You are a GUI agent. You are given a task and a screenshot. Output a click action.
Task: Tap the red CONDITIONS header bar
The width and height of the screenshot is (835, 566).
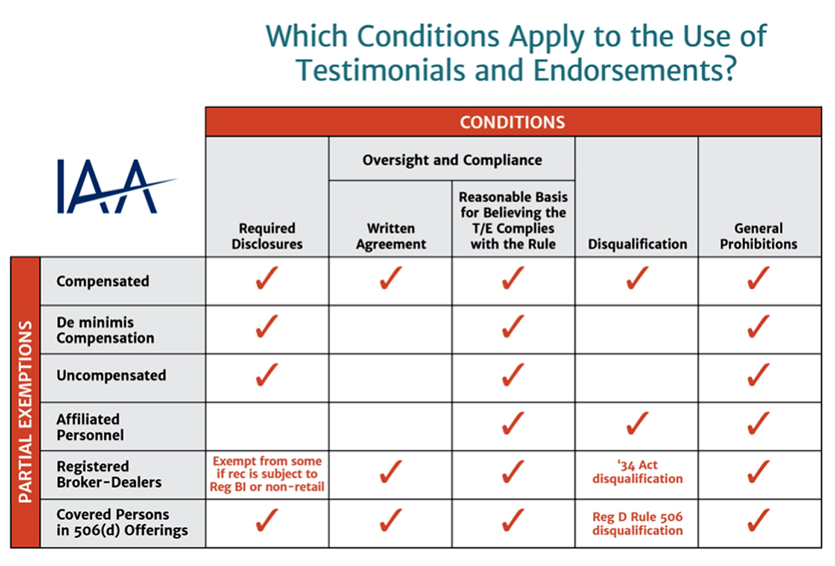tap(513, 122)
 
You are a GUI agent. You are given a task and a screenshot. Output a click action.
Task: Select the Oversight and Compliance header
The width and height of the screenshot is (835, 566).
tap(452, 160)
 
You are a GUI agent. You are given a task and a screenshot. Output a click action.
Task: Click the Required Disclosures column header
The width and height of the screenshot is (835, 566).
tap(267, 236)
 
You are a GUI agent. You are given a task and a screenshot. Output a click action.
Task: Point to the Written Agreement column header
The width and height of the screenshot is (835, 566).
tap(390, 236)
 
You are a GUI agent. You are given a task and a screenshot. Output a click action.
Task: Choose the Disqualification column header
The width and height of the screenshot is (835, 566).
tap(637, 244)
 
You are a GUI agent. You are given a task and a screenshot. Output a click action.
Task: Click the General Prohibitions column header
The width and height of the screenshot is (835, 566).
tap(758, 236)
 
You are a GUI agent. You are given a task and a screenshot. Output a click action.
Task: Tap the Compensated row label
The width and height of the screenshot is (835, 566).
tap(103, 281)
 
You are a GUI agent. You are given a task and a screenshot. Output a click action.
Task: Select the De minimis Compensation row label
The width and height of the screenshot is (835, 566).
tap(105, 330)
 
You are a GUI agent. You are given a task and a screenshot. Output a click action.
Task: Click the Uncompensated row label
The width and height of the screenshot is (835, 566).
tap(111, 375)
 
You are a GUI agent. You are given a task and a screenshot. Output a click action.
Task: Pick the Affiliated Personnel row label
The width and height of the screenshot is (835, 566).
tap(90, 427)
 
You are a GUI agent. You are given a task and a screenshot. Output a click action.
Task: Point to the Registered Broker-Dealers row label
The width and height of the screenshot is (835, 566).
tap(109, 474)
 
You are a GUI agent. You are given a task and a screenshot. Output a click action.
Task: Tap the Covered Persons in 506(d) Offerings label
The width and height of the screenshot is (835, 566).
tap(122, 522)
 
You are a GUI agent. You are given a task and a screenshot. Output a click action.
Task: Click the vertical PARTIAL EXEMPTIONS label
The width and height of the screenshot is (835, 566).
tap(25, 411)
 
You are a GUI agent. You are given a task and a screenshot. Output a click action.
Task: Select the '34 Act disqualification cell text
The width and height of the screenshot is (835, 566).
tap(637, 472)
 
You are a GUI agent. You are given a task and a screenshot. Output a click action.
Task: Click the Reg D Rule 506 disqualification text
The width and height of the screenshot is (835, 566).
tap(637, 524)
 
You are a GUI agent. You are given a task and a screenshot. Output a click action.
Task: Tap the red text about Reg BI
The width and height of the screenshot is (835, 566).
tap(267, 474)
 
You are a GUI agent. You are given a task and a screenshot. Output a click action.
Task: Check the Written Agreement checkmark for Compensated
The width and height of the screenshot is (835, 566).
tap(390, 278)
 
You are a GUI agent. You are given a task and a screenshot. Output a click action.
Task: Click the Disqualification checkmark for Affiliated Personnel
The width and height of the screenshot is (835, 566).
tap(637, 423)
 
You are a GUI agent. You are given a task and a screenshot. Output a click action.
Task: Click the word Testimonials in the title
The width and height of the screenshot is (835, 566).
tap(381, 70)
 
